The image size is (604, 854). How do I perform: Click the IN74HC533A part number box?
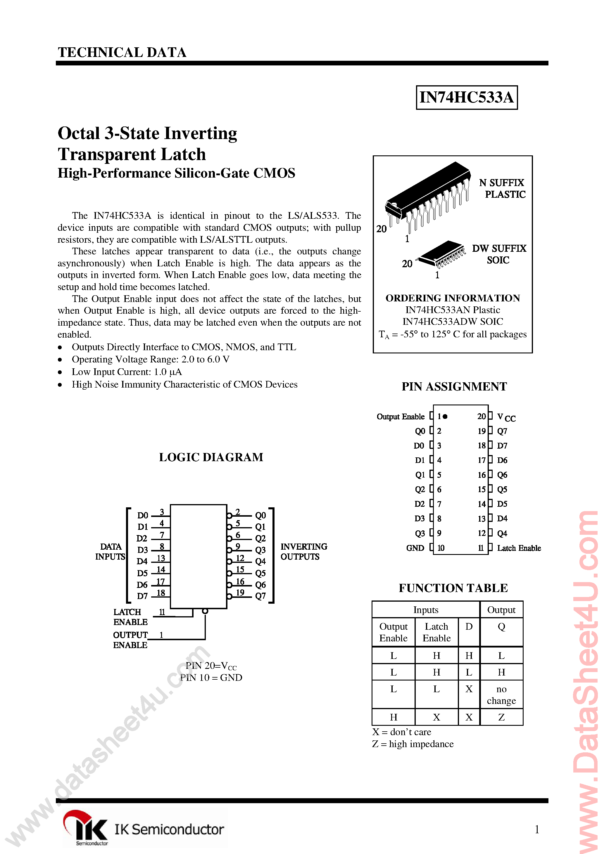[466, 98]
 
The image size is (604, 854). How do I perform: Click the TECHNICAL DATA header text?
[122, 53]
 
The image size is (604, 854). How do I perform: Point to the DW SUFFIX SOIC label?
[499, 254]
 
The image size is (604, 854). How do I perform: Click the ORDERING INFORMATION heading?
[453, 298]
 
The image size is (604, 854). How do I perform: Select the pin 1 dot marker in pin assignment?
[445, 416]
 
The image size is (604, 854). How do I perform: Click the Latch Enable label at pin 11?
[519, 548]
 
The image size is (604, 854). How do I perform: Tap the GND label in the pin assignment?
[415, 548]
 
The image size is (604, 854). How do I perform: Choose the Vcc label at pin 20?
[506, 417]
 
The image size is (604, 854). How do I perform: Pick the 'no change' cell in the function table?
[501, 695]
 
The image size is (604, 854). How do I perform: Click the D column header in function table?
[469, 627]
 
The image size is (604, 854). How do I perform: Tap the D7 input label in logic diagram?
[142, 596]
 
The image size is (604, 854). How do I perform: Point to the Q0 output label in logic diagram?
[260, 515]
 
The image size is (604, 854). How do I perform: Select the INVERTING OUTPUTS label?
[303, 552]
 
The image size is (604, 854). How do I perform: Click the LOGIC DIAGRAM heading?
[211, 457]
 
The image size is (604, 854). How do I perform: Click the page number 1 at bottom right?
[536, 829]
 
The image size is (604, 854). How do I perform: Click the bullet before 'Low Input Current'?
[60, 372]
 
